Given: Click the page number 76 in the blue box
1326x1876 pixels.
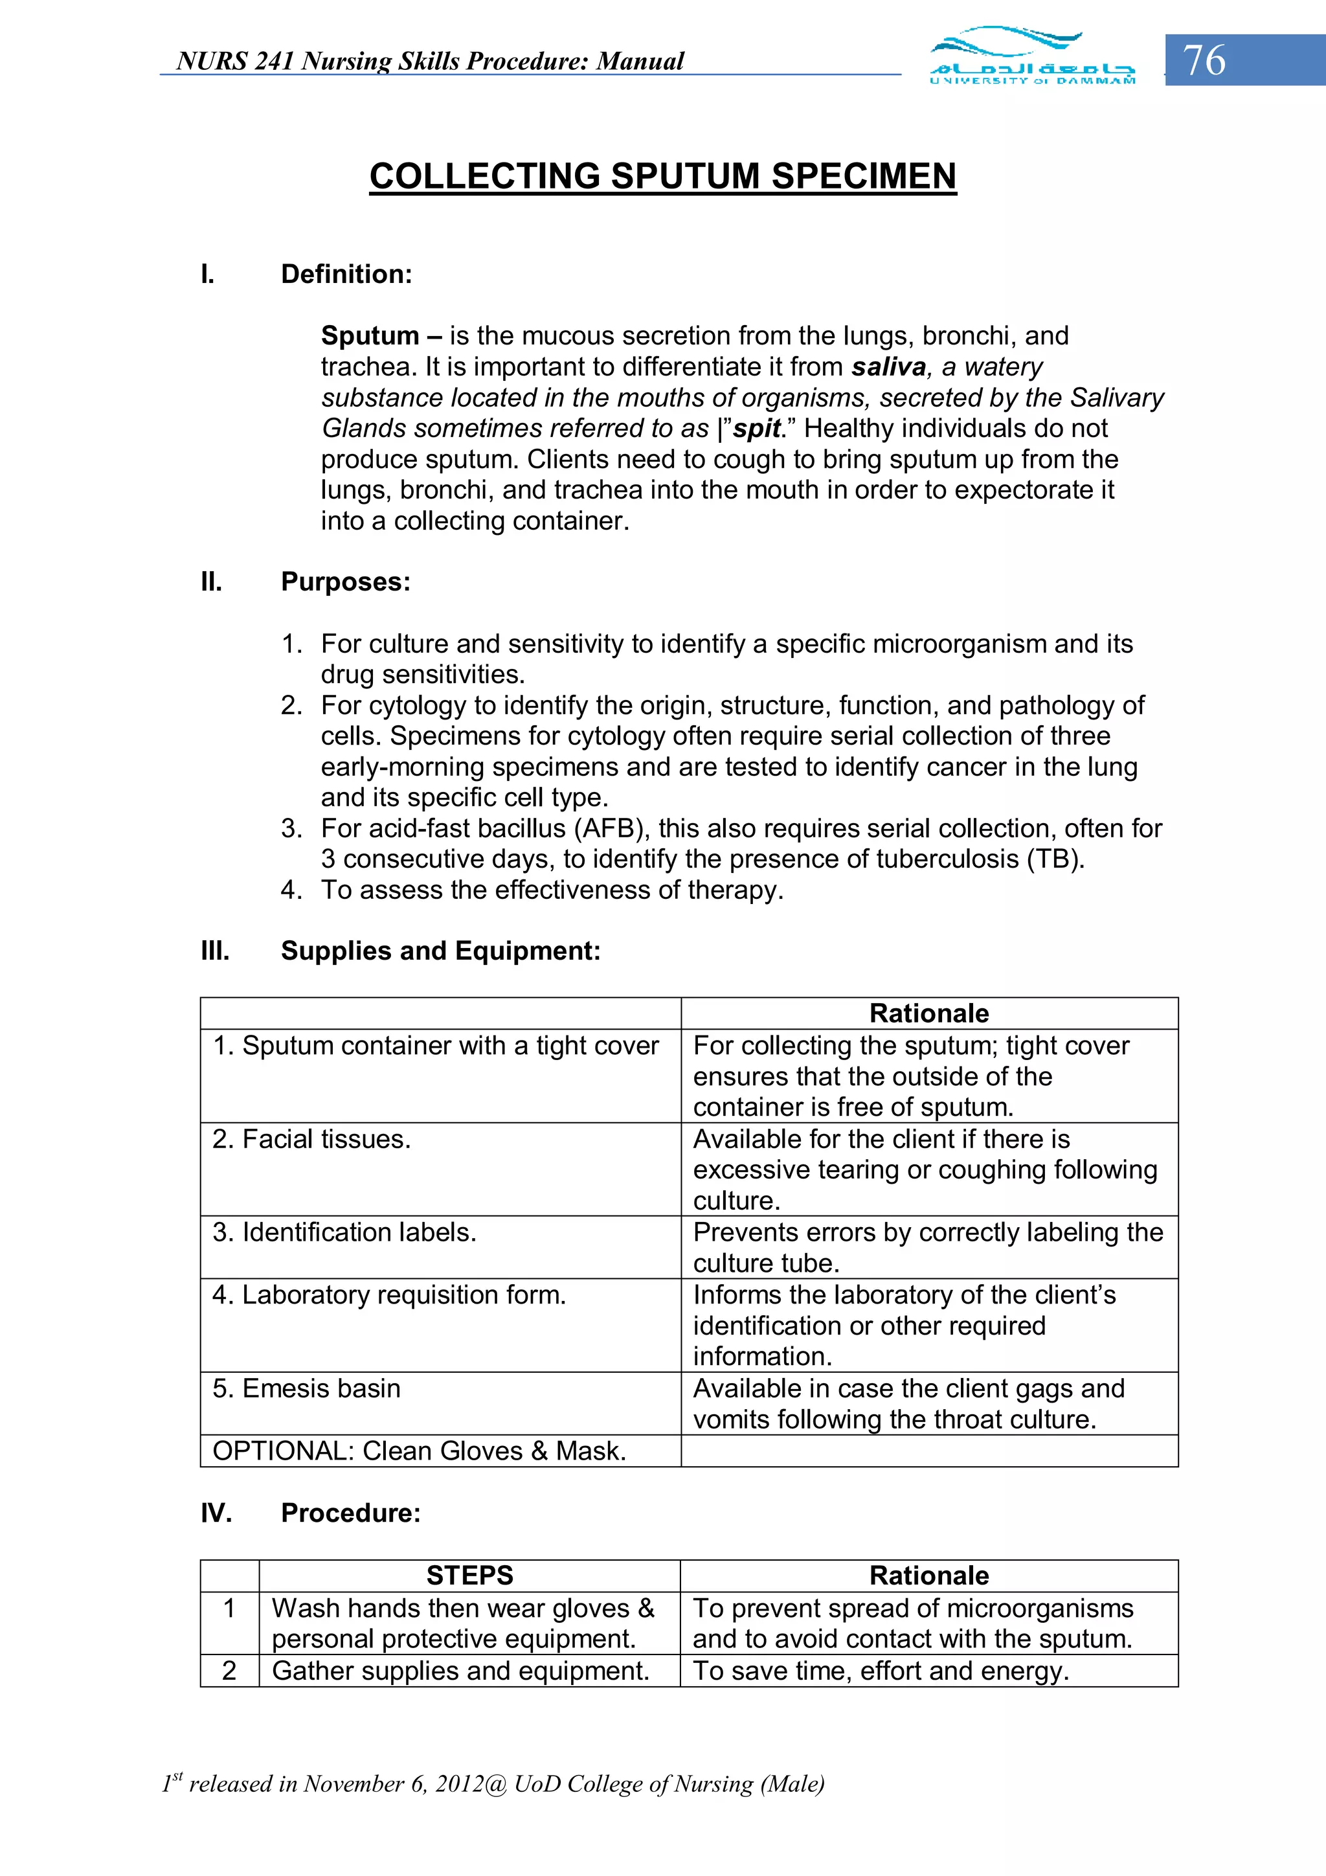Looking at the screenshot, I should (1204, 60).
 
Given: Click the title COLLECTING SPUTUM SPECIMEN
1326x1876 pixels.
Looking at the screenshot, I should (662, 177).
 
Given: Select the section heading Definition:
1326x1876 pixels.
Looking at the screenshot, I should (346, 275).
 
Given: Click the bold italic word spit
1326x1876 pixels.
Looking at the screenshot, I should (756, 428).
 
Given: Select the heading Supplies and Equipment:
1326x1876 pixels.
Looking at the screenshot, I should (440, 951).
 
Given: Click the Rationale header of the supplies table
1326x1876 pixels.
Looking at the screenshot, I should (929, 1013).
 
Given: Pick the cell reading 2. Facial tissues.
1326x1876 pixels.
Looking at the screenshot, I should (311, 1139).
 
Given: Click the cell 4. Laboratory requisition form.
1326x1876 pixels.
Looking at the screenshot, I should (389, 1295).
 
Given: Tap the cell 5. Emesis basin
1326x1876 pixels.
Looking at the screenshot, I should (306, 1388).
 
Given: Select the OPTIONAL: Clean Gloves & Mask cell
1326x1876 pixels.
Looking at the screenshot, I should (419, 1451).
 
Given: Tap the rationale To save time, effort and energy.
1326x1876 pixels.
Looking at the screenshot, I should (881, 1671).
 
